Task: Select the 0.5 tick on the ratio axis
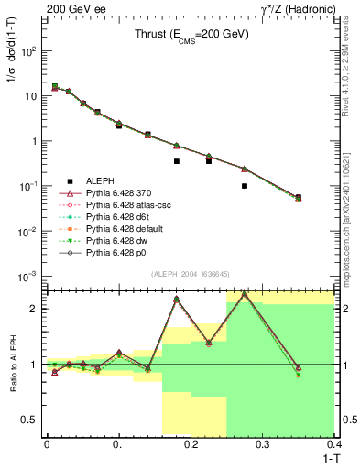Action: pyautogui.click(x=34, y=420)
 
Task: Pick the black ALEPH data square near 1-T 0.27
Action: pyautogui.click(x=245, y=186)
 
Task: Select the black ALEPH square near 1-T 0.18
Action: pyautogui.click(x=177, y=161)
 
